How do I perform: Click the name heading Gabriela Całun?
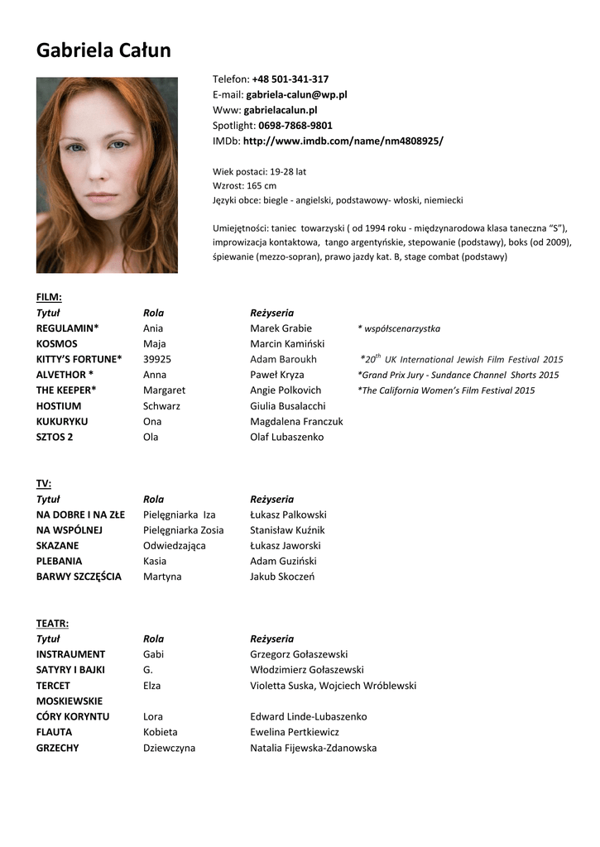[103, 50]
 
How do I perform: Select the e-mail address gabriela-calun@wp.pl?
[296, 95]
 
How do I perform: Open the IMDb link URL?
[343, 141]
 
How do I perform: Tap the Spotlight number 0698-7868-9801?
[295, 126]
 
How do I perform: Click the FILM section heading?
[49, 297]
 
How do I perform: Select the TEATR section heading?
[52, 623]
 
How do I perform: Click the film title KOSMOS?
[56, 344]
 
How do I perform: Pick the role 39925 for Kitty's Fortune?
[157, 360]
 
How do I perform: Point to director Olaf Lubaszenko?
[286, 438]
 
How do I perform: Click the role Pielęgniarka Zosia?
[183, 530]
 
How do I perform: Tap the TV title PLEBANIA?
[59, 562]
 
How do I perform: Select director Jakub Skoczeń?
[281, 577]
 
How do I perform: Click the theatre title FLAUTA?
[54, 733]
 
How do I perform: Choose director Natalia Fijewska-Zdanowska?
[313, 749]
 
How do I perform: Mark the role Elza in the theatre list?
[152, 686]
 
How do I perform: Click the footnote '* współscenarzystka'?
[399, 329]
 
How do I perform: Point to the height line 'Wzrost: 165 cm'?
[244, 186]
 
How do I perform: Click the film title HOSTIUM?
[58, 406]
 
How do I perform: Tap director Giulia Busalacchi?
[287, 406]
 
